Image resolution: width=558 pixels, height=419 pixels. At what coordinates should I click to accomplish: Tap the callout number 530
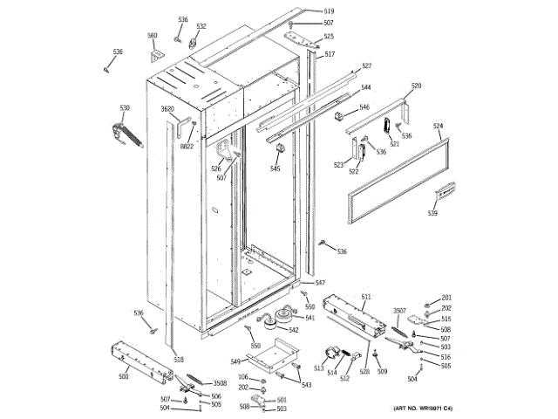125,108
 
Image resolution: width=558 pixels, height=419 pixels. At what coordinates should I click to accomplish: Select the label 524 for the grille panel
439,126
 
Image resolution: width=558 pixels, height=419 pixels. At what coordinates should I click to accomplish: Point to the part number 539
432,212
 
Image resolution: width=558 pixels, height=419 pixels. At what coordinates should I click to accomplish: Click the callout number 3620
167,109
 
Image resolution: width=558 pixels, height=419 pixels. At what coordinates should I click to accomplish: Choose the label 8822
187,147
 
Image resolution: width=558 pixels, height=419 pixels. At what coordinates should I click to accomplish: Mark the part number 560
152,36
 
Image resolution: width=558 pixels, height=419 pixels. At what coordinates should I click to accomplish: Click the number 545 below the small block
276,168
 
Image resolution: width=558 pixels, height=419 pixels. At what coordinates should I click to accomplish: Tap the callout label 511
366,298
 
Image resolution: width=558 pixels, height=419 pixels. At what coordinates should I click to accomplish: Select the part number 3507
400,312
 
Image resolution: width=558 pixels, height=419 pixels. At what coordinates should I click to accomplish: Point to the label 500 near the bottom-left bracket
123,376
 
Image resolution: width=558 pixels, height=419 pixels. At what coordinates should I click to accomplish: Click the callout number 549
235,361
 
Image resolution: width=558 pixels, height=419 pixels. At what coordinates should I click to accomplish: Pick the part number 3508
221,383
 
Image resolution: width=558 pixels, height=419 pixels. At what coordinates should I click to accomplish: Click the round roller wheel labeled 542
282,316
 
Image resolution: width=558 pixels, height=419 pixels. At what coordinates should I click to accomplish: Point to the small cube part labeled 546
340,114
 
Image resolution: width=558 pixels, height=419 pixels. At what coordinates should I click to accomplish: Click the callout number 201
446,299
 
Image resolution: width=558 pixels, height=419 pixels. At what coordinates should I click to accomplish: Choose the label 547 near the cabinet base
320,283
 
